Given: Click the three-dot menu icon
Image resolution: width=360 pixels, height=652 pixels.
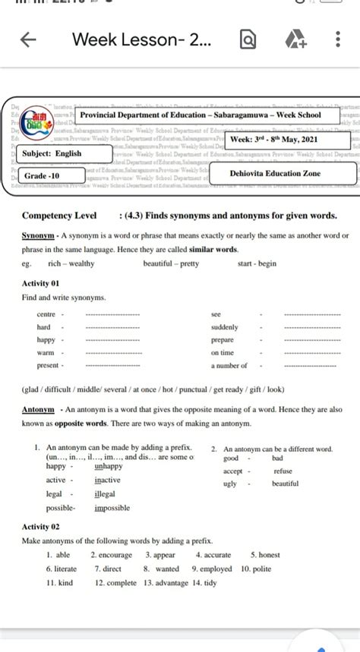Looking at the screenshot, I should [337, 39].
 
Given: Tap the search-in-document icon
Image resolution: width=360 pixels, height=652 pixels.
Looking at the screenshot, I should [246, 39].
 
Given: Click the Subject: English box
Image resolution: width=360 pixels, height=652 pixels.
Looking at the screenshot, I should [52, 154].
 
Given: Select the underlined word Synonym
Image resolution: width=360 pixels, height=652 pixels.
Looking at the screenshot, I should [38, 236].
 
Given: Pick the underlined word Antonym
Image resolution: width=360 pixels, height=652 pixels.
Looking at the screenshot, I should [38, 409].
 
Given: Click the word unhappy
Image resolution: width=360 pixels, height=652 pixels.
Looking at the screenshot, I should [111, 466].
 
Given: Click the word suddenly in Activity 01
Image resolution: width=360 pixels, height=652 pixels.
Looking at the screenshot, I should [225, 327].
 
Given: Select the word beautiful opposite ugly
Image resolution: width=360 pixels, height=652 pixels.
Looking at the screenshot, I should [285, 483].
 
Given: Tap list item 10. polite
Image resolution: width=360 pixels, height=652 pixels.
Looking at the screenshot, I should [256, 568].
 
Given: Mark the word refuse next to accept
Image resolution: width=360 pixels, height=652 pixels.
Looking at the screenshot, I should [282, 471].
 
